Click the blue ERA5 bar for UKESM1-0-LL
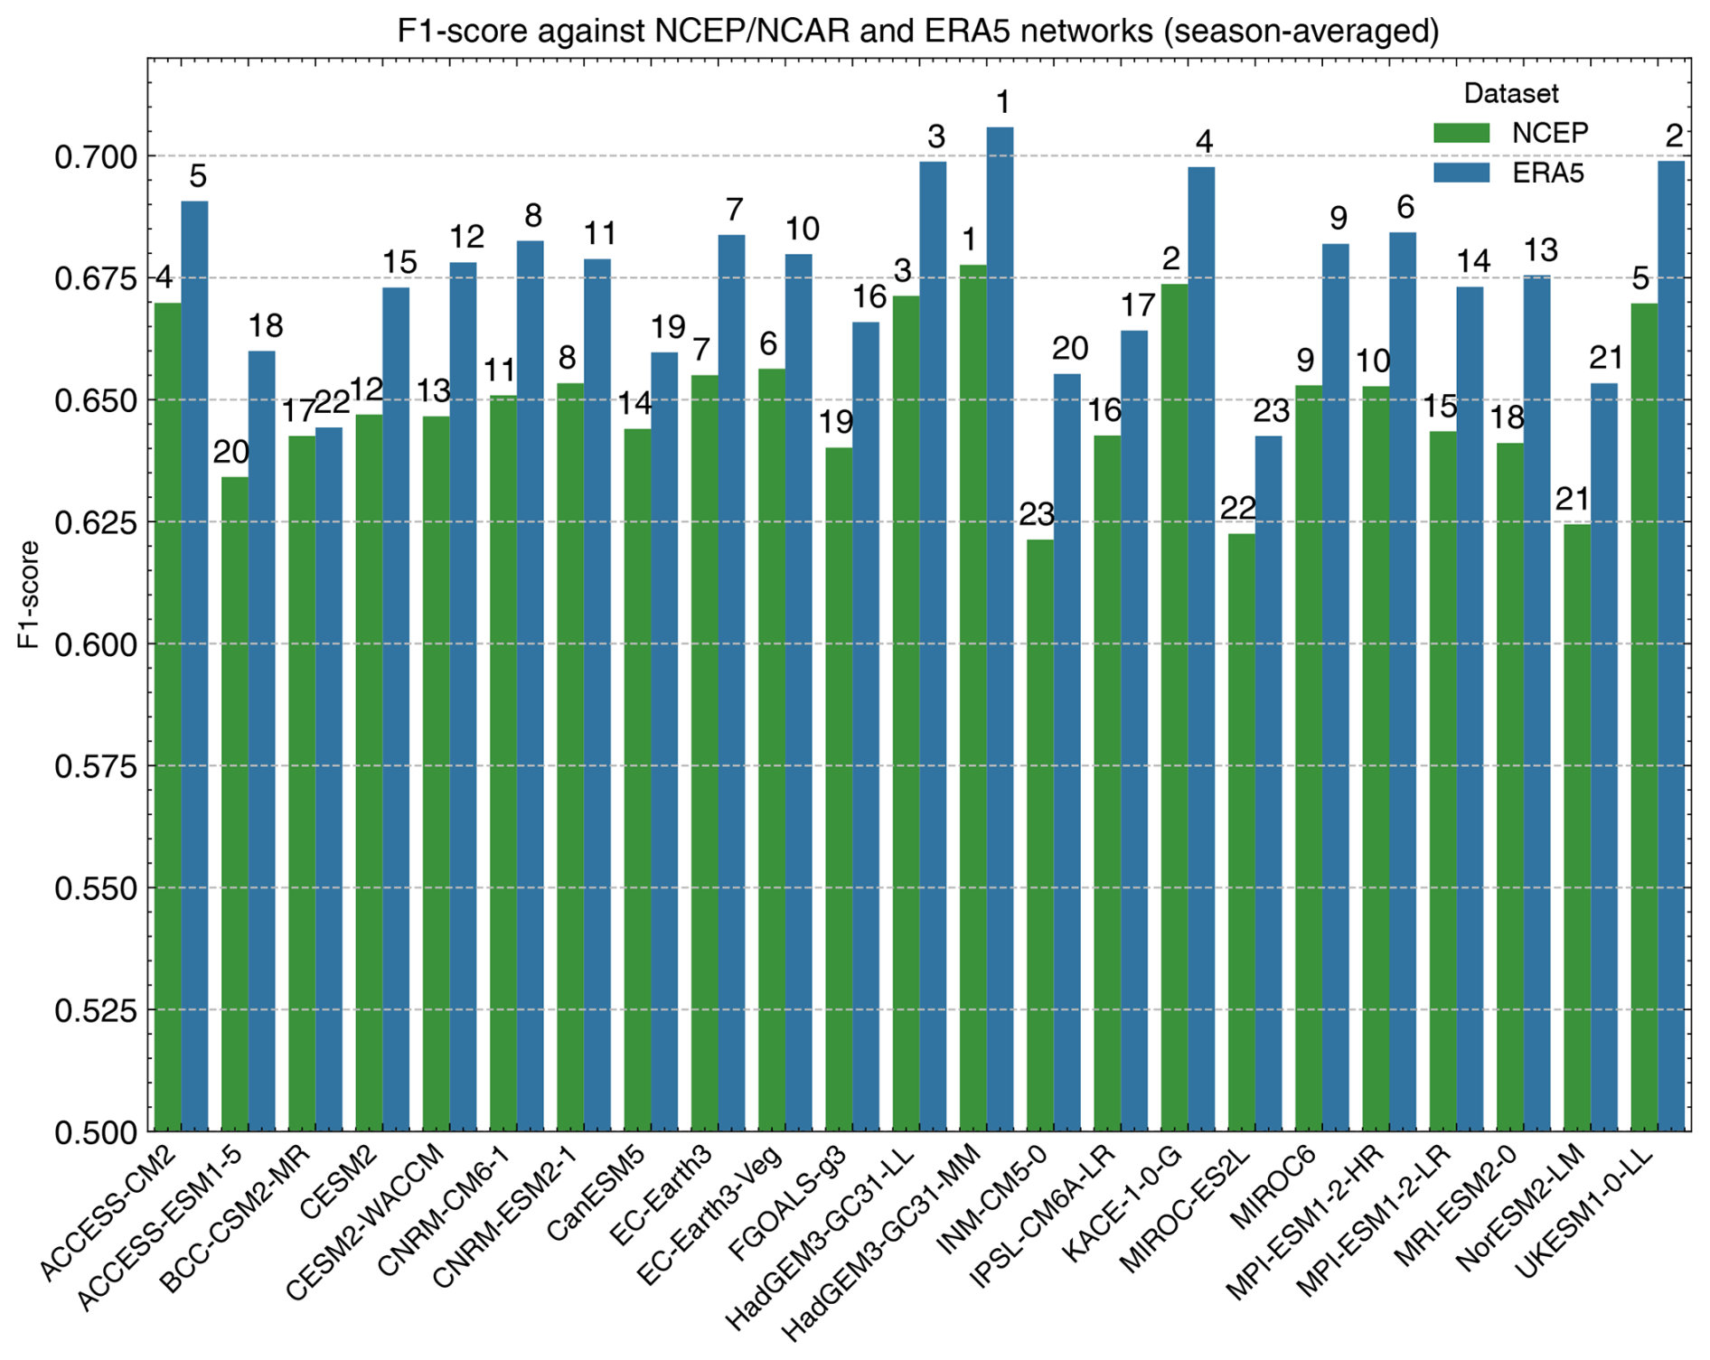coord(1670,645)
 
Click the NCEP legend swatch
coord(1461,133)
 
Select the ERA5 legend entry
coord(1547,172)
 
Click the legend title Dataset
coord(1511,93)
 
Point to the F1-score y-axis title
coord(29,594)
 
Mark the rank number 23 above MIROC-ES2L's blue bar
coord(1272,411)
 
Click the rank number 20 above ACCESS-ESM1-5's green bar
coord(231,452)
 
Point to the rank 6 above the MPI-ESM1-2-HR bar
coord(1405,208)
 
